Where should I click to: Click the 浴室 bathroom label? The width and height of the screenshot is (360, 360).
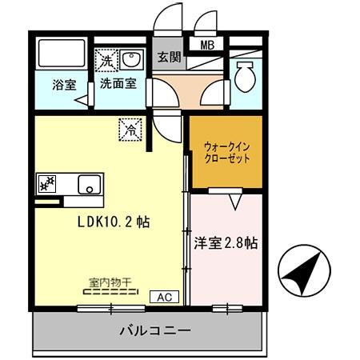tap(65, 82)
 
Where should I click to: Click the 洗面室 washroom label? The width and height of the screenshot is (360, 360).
tap(117, 82)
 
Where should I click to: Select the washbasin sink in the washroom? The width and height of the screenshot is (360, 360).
tap(130, 59)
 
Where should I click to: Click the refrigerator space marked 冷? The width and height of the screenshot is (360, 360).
tap(130, 126)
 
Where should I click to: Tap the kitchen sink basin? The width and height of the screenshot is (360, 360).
tap(87, 184)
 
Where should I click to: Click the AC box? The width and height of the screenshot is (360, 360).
tap(164, 297)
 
